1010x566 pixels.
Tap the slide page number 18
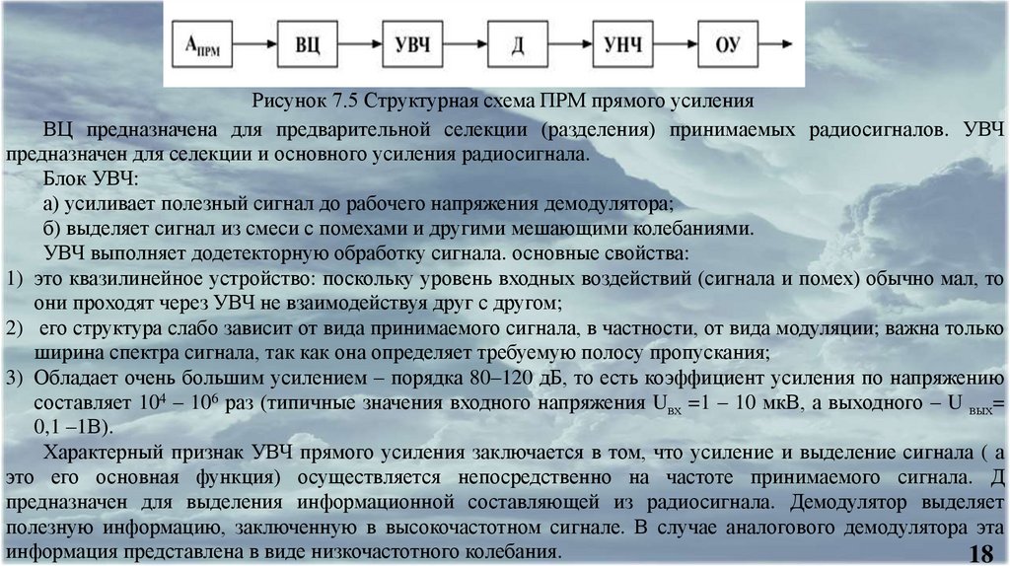click(x=980, y=551)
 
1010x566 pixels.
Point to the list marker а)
click(x=53, y=204)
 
